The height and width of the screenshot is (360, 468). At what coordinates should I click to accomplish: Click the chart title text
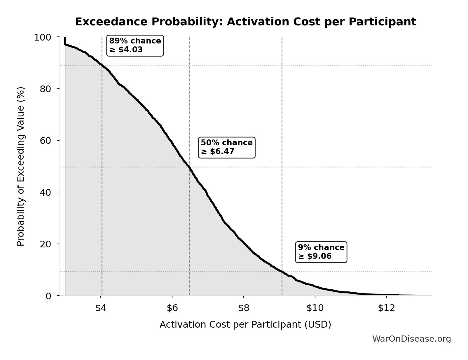(245, 22)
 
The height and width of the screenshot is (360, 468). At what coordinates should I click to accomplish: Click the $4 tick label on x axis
(101, 308)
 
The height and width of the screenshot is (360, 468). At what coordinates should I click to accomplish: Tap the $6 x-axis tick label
(172, 308)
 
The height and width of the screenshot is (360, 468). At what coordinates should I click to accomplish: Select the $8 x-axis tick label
(244, 308)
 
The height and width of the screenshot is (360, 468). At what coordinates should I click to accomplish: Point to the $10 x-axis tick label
(315, 308)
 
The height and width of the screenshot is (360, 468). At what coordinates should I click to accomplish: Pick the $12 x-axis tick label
(386, 308)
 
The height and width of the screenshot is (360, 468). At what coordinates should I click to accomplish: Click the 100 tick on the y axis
(43, 37)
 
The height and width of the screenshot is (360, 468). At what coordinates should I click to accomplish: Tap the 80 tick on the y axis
(46, 89)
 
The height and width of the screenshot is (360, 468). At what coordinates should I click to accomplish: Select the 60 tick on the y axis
(46, 141)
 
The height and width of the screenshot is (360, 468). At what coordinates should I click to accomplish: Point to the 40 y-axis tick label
(46, 192)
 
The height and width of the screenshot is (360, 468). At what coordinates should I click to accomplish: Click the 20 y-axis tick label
(46, 244)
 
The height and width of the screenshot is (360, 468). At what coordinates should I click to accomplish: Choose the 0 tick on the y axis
(48, 296)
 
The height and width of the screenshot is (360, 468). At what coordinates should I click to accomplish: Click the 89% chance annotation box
(135, 46)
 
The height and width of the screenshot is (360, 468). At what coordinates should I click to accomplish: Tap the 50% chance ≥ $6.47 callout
(227, 147)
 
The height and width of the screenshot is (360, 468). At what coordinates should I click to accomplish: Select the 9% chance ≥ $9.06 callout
(321, 252)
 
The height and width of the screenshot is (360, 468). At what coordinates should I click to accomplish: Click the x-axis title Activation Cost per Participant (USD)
(245, 325)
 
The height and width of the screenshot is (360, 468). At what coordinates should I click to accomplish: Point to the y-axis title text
(20, 166)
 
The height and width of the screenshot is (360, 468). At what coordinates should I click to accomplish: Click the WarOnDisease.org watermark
(411, 339)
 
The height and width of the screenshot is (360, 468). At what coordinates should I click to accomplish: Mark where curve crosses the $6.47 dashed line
(189, 167)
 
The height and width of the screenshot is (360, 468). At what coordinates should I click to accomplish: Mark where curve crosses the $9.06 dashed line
(282, 272)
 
